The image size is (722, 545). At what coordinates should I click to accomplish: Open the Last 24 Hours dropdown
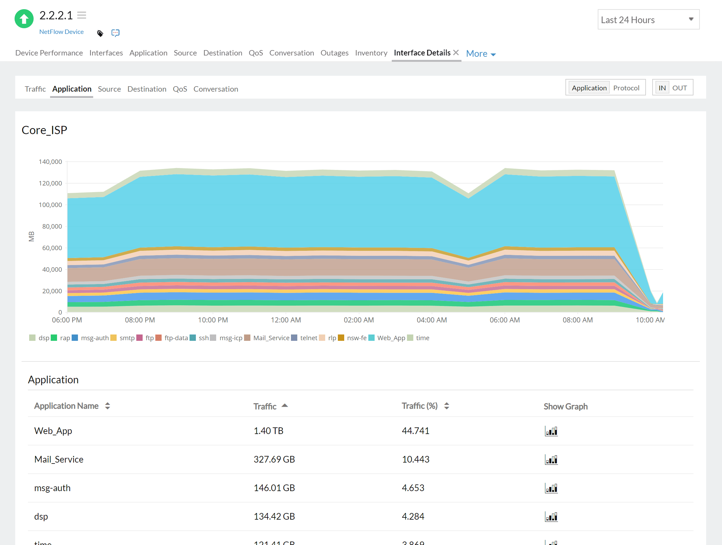[648, 20]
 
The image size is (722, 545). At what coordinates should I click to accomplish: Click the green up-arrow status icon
[24, 19]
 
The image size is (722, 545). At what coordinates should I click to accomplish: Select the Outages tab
[334, 53]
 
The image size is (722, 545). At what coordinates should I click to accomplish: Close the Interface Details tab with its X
[456, 52]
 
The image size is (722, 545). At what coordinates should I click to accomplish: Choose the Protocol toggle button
[626, 88]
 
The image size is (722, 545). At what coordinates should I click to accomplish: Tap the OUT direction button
[679, 88]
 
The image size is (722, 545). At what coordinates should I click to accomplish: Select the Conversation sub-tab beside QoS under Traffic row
[216, 89]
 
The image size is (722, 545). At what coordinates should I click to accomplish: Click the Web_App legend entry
[391, 338]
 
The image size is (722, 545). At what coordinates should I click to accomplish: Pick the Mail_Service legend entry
[271, 338]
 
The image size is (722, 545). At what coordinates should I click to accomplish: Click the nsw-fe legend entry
[357, 338]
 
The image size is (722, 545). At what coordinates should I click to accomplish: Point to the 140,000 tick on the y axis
[50, 162]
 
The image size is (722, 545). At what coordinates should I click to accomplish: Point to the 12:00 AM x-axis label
[286, 320]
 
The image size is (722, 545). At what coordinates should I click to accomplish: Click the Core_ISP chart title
[44, 130]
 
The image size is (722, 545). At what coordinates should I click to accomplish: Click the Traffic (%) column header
[419, 406]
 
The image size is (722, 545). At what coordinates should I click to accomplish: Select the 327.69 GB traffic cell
[274, 459]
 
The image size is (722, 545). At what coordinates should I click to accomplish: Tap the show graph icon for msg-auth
[551, 488]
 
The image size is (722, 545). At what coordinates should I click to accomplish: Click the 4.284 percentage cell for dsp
[413, 516]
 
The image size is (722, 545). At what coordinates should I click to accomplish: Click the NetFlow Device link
[61, 32]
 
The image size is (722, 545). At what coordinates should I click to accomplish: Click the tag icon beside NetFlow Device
[100, 33]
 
